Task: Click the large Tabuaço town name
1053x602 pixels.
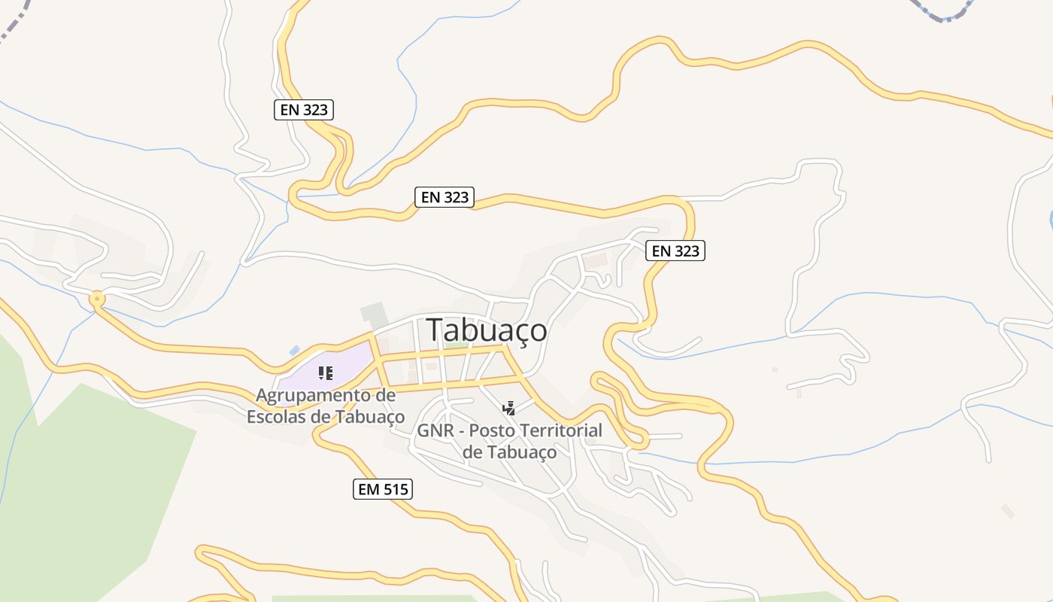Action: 487,330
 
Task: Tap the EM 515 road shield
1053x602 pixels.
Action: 383,489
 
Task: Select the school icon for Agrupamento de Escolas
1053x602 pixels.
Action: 325,372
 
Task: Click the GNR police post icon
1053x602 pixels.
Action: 508,408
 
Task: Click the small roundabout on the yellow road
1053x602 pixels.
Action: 96,299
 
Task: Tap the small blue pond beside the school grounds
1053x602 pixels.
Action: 294,351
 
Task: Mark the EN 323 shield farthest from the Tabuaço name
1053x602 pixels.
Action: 303,110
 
